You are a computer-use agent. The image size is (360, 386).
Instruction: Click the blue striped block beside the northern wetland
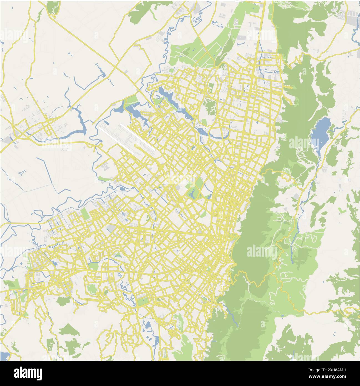[158, 97]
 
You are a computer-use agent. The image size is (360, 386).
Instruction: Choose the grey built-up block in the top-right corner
[351, 18]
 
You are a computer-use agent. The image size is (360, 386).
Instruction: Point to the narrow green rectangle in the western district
[85, 214]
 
